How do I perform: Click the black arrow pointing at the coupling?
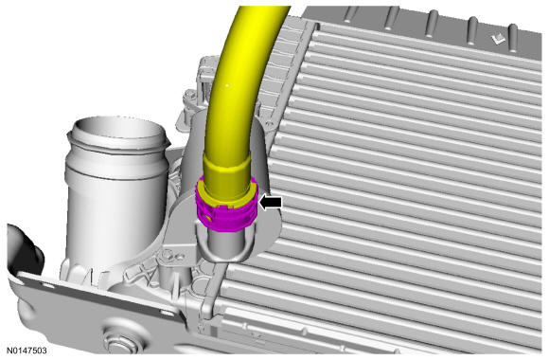271,203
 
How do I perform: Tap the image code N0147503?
27,351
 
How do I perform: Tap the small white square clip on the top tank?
498,39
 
